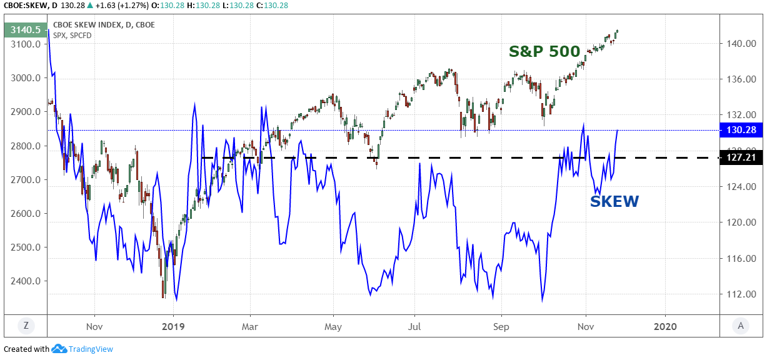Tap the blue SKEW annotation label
click(614, 201)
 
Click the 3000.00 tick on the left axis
click(26, 78)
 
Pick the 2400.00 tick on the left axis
click(26, 281)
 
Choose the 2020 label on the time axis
click(664, 326)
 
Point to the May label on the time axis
click(334, 326)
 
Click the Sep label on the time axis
click(501, 326)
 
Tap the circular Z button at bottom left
click(26, 325)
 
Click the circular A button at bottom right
click(740, 325)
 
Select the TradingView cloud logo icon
click(59, 349)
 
